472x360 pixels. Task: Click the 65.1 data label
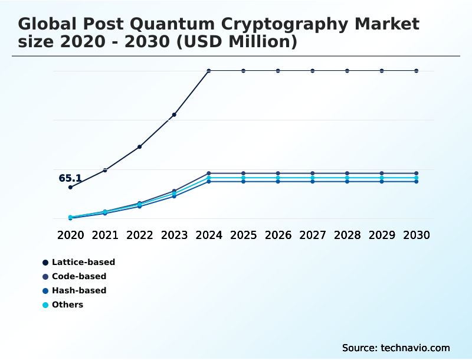70,178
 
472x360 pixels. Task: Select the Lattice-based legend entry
83,262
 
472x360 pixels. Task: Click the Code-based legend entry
79,276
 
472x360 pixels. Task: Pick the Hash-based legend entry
79,290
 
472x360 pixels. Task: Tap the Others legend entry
67,305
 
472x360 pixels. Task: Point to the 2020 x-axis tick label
70,235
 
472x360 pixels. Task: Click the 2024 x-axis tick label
209,235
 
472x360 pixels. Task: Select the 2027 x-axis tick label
313,235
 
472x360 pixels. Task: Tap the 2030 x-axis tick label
417,235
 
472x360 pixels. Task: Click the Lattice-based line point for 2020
70,187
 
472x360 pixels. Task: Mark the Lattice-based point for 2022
140,146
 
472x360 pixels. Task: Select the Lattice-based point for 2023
174,114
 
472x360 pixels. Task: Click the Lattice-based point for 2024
209,71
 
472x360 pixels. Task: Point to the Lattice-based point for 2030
417,71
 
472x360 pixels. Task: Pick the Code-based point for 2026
278,174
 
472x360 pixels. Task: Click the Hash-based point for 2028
348,181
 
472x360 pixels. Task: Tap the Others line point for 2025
243,178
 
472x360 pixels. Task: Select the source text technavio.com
415,348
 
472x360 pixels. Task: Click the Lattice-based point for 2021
105,170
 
